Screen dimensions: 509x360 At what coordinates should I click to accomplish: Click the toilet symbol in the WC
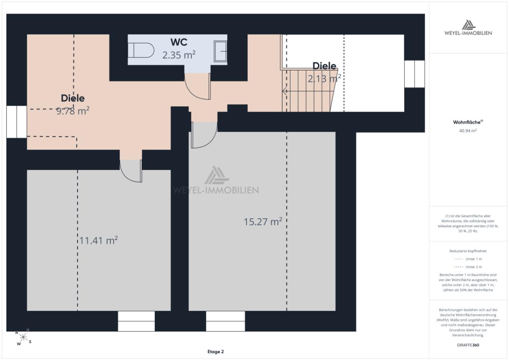tap(141, 50)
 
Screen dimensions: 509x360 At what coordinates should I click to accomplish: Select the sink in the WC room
tap(220, 51)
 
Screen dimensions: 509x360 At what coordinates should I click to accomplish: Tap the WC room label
tap(179, 42)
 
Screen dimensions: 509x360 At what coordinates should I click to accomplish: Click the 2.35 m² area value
tap(179, 55)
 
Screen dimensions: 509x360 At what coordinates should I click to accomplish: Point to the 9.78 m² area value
tap(73, 111)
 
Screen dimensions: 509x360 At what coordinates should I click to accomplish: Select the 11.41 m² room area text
tap(98, 240)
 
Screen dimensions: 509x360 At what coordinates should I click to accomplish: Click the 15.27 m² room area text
tap(263, 222)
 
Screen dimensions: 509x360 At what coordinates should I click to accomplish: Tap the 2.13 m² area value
tap(324, 78)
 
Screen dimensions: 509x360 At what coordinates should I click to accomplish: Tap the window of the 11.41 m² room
tap(136, 321)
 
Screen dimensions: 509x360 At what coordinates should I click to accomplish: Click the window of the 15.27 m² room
tap(225, 321)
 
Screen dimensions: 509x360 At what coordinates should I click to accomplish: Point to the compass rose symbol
tap(23, 338)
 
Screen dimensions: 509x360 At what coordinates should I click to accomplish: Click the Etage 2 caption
tap(215, 352)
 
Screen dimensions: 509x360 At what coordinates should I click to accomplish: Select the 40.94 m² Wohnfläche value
tap(468, 130)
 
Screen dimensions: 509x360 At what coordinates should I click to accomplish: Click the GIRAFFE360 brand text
tap(468, 345)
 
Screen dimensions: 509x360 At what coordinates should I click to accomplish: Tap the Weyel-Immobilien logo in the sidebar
tap(468, 28)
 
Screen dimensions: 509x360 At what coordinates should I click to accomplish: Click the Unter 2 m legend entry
tap(468, 267)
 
